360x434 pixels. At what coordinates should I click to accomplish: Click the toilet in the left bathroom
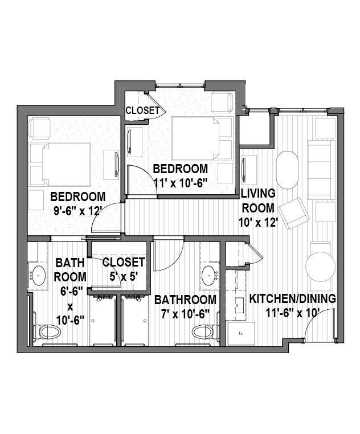tap(48, 331)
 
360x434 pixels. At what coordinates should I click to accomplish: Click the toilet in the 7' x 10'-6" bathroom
tap(206, 331)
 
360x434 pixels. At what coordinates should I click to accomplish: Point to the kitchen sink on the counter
tap(240, 305)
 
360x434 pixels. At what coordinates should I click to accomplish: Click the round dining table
tap(320, 267)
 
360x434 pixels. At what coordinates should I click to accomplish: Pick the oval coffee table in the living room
tap(287, 170)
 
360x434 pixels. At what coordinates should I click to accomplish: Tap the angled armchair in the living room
tap(294, 213)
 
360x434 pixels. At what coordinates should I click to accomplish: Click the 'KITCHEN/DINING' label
tap(293, 298)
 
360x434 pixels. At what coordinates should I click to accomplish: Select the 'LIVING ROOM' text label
tap(259, 200)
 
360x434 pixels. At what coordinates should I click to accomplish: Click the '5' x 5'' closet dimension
tap(124, 276)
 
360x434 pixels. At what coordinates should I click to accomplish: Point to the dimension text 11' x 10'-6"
tap(180, 183)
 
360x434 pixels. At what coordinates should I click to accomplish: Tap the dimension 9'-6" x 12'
tap(76, 211)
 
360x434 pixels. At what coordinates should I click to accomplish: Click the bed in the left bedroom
tap(66, 165)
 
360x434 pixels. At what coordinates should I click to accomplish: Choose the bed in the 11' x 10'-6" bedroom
tap(195, 138)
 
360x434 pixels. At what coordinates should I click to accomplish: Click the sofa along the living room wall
tap(321, 170)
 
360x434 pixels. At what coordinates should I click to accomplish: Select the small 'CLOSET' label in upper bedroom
tap(142, 110)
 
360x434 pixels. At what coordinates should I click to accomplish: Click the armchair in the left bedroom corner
tap(39, 128)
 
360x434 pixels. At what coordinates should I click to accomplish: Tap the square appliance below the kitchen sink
tap(241, 333)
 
